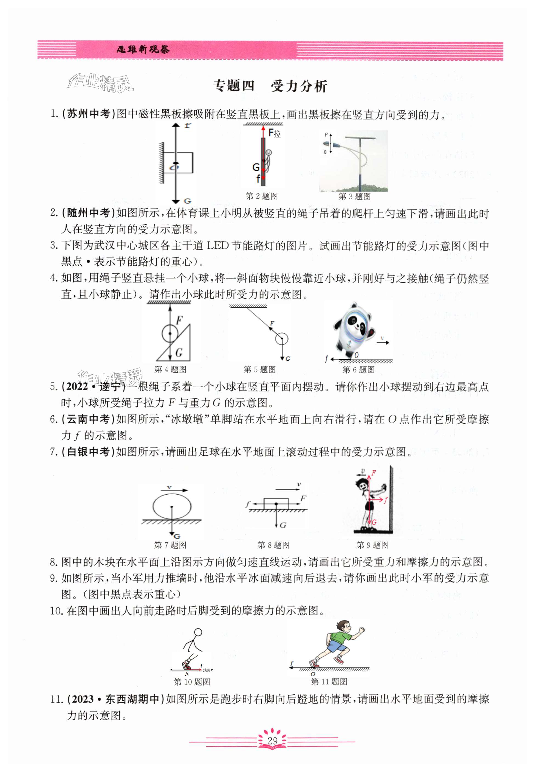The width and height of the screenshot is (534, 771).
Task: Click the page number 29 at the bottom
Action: coord(272,740)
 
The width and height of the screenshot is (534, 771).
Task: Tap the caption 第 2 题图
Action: coord(261,196)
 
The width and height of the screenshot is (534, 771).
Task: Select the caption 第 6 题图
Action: coord(358,370)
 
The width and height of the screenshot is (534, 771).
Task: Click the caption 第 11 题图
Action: coord(329,682)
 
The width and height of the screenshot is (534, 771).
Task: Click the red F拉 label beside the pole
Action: coord(275,133)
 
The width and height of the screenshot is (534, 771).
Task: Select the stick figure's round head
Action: coord(198,632)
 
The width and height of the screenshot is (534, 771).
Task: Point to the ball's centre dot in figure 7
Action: coord(172,507)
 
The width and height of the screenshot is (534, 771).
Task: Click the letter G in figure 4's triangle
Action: coord(179,352)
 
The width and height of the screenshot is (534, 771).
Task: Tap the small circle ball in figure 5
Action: coord(282,338)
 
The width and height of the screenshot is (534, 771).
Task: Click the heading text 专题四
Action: coord(234,86)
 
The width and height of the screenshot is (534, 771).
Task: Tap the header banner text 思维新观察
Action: coord(143,50)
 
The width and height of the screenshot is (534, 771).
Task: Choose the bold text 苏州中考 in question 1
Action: coord(89,114)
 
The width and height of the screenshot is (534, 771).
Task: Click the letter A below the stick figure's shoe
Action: coord(187,674)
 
